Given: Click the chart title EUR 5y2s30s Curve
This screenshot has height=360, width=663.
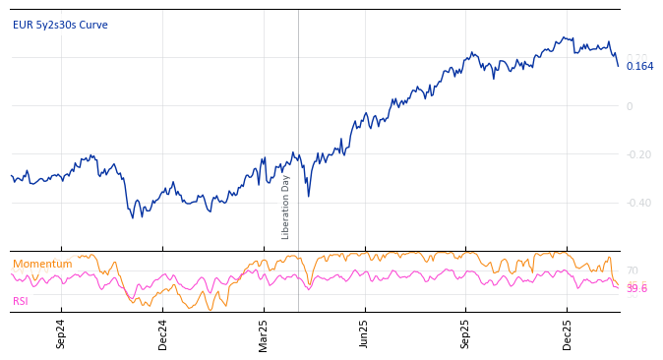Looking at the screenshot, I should tap(60, 25).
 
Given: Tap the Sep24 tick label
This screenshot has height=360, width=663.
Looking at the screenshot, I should tap(61, 333).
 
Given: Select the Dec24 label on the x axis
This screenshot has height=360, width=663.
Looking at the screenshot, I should tap(163, 333).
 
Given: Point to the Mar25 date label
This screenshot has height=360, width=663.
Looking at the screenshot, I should tap(264, 333).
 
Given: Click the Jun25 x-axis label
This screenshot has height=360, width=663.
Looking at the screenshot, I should tap(365, 333).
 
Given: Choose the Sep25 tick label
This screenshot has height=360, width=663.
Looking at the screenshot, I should tap(466, 333).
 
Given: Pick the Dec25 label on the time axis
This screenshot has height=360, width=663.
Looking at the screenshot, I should tap(568, 333).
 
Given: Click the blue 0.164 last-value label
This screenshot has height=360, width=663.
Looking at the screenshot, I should tap(639, 66).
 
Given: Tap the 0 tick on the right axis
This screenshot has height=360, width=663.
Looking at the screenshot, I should tap(630, 106).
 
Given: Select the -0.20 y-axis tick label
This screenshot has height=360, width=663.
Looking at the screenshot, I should tap(639, 154).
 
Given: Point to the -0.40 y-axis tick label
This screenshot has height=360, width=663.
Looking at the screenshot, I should tap(639, 203).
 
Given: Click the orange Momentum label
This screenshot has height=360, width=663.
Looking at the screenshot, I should tap(42, 264).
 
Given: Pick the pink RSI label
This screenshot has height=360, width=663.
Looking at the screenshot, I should tap(21, 301).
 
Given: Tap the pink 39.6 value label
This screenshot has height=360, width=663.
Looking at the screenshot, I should tap(636, 289).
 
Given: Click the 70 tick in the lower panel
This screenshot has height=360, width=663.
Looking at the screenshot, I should tap(632, 270).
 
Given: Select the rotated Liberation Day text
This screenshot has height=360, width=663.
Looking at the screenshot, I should tap(286, 207).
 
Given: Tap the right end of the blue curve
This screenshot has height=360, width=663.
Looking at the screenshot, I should tap(619, 66).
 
